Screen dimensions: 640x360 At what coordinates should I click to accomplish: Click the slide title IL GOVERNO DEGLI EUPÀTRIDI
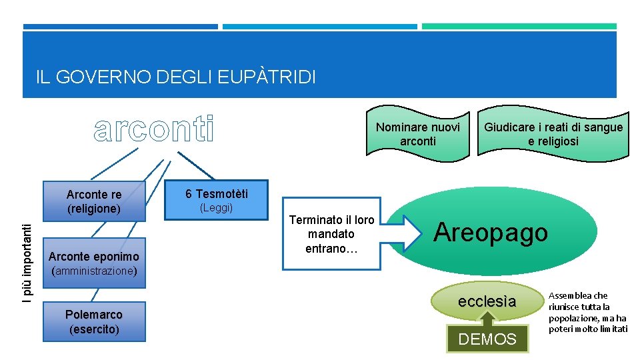pos(176,77)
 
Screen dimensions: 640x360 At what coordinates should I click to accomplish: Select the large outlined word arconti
pos(155,129)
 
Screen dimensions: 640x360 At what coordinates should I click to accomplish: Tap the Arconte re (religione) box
pos(94,201)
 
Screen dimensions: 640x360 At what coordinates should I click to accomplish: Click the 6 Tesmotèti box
pos(216,200)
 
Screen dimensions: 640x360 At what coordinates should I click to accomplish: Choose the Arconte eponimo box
pos(94,256)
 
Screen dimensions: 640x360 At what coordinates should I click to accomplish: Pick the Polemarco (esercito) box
pos(93,321)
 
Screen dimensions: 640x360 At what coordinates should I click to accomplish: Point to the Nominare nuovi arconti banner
pos(418,134)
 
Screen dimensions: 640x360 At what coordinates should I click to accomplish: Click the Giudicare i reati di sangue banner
pos(553,134)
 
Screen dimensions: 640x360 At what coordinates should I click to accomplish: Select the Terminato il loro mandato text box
pos(331,234)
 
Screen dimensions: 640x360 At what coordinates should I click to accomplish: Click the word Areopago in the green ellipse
pos(491,232)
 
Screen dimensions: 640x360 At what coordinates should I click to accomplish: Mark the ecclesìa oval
pos(487,301)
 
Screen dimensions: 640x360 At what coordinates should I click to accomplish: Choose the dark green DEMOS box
pos(487,339)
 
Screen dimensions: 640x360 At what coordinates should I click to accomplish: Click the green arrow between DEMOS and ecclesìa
pos(487,319)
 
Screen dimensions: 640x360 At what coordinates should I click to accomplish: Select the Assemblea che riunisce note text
pos(587,312)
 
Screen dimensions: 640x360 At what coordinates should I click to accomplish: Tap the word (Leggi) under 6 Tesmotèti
pos(217,208)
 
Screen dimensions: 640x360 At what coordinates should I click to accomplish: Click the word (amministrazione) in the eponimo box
pos(94,271)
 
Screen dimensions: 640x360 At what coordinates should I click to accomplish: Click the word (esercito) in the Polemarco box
pos(94,329)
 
